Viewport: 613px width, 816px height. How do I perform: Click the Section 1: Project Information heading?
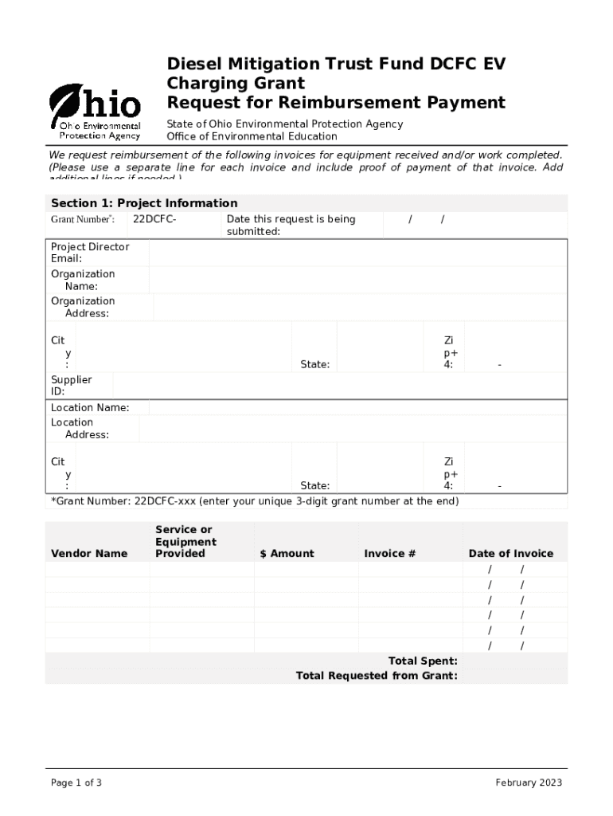144,203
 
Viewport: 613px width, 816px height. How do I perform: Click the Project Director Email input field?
357,253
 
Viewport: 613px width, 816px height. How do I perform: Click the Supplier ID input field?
340,386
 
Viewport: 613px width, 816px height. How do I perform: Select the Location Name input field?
357,408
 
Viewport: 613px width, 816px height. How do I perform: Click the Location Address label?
80,429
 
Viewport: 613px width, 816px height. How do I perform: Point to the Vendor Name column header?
89,554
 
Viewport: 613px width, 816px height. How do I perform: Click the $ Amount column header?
287,554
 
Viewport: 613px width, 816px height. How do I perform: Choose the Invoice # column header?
390,554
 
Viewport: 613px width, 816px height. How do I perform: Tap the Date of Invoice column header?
510,554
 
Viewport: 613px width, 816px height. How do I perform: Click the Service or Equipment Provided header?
185,542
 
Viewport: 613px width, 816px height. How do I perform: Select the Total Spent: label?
422,661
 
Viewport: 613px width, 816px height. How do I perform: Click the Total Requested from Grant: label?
377,676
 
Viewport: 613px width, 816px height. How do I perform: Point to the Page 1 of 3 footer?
76,783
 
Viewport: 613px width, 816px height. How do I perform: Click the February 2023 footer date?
529,783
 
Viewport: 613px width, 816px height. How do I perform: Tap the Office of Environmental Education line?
252,136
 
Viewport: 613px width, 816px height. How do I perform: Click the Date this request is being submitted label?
291,226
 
